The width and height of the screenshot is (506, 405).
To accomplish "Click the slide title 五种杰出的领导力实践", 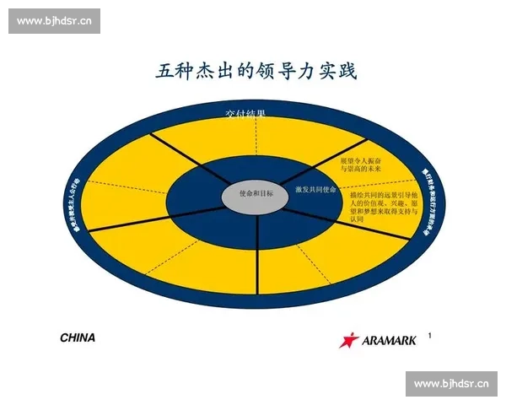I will click(256, 71).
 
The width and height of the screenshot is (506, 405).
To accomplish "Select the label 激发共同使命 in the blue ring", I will click(317, 189).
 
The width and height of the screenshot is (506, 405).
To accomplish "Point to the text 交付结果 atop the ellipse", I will click(245, 113).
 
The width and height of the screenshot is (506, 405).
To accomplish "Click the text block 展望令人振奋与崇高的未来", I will click(360, 163).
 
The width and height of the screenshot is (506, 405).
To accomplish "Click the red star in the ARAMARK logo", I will click(349, 339).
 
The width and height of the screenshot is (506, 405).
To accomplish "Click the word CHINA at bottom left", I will click(78, 337).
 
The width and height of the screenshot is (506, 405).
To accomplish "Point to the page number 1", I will click(430, 336).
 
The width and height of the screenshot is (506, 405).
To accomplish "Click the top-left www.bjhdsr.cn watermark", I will click(54, 20).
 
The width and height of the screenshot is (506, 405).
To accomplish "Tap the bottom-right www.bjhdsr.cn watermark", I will click(451, 385).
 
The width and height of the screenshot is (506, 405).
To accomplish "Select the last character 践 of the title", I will click(347, 71).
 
